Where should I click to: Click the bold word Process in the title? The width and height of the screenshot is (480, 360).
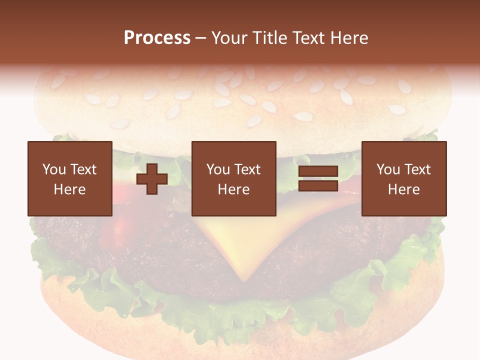[x=157, y=38]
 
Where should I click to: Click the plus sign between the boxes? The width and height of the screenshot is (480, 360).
[x=152, y=178]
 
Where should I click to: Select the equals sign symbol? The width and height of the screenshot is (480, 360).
[x=318, y=178]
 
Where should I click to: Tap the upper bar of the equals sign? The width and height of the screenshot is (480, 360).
[x=318, y=171]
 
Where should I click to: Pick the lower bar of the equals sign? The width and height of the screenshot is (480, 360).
[x=318, y=186]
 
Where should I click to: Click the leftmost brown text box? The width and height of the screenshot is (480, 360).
[x=69, y=178]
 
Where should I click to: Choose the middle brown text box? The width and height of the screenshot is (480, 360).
[x=233, y=178]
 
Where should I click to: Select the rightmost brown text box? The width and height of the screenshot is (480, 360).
[x=403, y=178]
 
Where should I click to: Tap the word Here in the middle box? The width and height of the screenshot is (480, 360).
[x=233, y=189]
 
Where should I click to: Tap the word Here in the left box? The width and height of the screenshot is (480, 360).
[x=69, y=189]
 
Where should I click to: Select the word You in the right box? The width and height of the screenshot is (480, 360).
[x=388, y=169]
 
